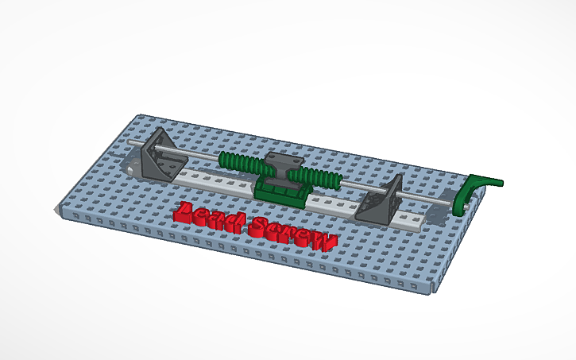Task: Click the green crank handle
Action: click(x=469, y=193)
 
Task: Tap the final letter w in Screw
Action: click(x=323, y=241)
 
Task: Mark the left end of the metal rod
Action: click(x=130, y=142)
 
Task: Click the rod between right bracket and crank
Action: click(x=429, y=195)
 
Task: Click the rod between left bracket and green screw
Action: click(x=199, y=154)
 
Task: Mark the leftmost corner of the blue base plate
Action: click(x=57, y=208)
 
